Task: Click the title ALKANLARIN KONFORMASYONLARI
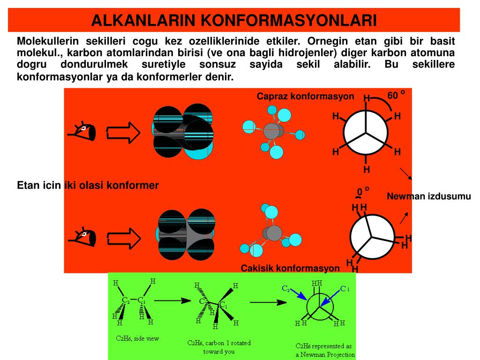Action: (234, 20)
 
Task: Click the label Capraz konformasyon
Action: (305, 96)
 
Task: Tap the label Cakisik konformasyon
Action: (290, 268)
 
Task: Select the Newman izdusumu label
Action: (428, 196)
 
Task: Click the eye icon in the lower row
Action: (83, 237)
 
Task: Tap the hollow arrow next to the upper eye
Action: (123, 133)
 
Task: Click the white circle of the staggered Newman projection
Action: (367, 133)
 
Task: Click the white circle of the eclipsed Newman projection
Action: (373, 236)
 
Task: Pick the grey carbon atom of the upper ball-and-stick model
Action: (272, 131)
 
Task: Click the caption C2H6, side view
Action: (137, 338)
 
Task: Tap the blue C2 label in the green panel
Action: (285, 288)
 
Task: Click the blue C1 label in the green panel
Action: (345, 288)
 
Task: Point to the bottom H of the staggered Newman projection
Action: (367, 169)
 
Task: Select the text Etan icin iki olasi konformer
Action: (88, 185)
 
